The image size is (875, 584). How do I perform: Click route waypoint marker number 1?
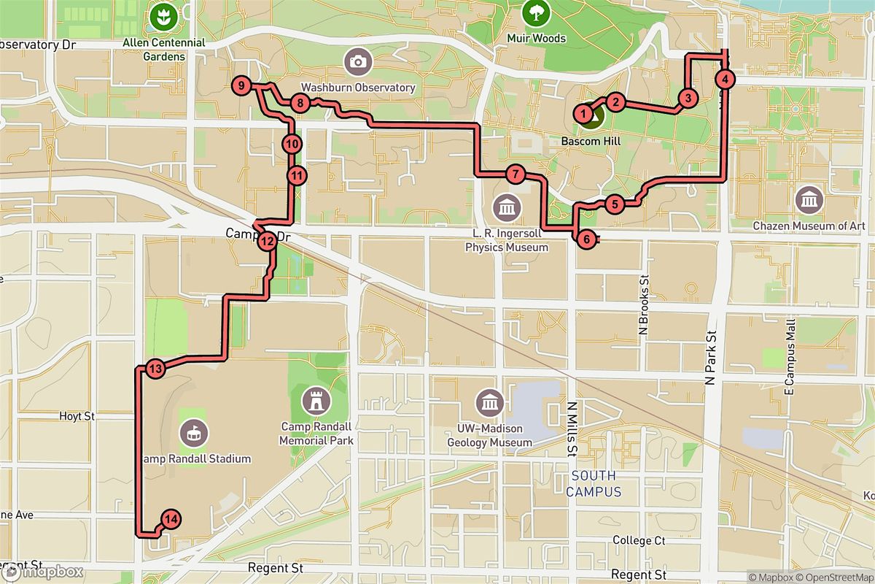(x=583, y=113)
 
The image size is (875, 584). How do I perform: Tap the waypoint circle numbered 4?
(x=724, y=80)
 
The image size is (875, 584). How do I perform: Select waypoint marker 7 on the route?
(x=515, y=174)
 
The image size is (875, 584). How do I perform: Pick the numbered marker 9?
(x=241, y=86)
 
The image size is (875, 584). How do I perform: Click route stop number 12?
(x=267, y=240)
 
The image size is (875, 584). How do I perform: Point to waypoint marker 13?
(x=155, y=369)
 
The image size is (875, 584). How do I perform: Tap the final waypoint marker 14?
(x=171, y=520)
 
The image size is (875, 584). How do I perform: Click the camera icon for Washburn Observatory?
(x=357, y=61)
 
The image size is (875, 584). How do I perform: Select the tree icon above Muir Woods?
(x=536, y=12)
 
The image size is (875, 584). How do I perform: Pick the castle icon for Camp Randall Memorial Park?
(x=316, y=400)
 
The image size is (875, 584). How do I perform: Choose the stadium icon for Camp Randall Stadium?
(x=194, y=433)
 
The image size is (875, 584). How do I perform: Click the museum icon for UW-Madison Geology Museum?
(x=489, y=402)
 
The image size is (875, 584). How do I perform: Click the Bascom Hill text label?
(x=591, y=139)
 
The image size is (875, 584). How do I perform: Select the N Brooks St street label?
(x=643, y=304)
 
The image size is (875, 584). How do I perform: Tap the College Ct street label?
(x=639, y=540)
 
